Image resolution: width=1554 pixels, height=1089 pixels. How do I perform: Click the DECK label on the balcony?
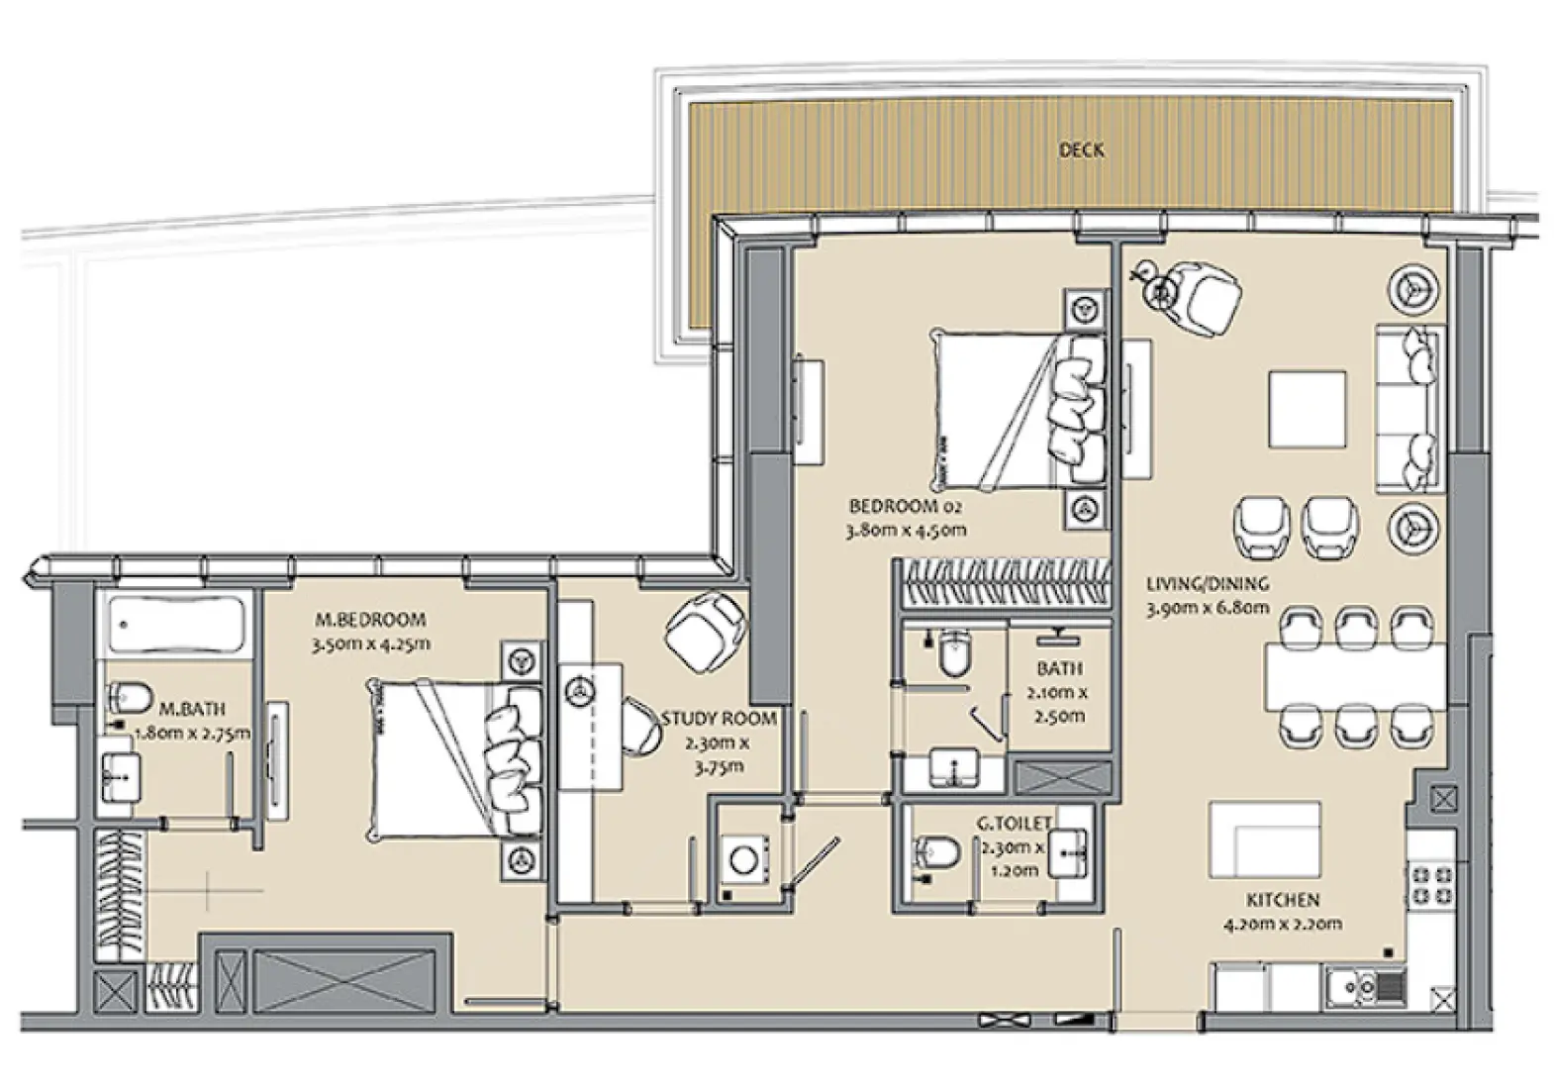[1081, 150]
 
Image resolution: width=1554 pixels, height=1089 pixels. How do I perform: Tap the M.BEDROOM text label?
[370, 620]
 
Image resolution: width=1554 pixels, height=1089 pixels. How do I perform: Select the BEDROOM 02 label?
[905, 506]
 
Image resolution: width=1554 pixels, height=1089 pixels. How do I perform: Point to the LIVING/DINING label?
[1207, 584]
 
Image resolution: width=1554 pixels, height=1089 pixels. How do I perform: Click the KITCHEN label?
[1282, 900]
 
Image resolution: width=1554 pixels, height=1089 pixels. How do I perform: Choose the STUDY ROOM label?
[719, 719]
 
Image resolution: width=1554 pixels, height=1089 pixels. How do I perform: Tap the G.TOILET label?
[1014, 823]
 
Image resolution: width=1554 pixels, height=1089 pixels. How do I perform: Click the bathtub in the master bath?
[176, 625]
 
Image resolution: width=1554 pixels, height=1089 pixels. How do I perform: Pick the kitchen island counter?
[1264, 840]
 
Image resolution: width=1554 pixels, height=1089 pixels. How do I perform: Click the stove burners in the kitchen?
[1429, 884]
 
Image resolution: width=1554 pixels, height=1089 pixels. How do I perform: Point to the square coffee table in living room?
[1308, 410]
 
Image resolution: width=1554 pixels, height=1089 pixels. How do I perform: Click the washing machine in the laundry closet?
[742, 857]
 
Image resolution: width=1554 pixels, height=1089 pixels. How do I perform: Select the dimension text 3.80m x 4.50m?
[905, 530]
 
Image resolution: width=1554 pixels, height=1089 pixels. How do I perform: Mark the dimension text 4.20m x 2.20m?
[1282, 924]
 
